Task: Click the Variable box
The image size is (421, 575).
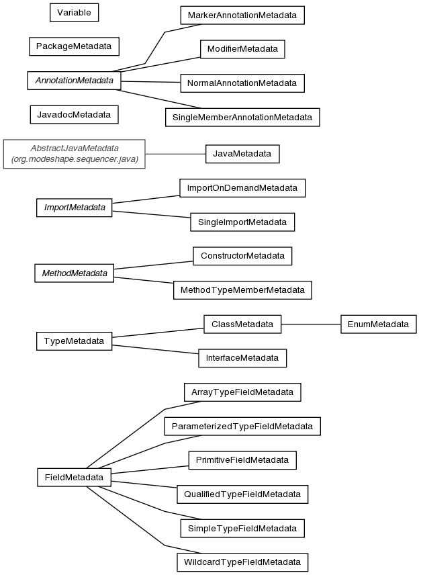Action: coord(74,13)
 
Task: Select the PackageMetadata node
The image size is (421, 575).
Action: coord(74,46)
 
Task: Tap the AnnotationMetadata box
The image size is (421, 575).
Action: coord(74,81)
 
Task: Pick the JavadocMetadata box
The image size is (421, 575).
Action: coord(74,114)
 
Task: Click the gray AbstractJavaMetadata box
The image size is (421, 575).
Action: coord(74,154)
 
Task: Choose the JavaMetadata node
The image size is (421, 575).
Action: coord(242,154)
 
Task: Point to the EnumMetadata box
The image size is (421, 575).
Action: coord(378,324)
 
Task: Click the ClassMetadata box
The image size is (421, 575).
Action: coord(242,324)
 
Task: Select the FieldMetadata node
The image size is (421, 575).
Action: coord(74,477)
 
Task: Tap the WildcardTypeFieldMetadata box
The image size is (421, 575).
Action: coord(242,562)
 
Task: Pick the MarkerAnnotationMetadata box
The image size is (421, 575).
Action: coord(242,15)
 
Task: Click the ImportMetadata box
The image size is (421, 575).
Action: coord(74,208)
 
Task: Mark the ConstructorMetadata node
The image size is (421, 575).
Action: coord(242,256)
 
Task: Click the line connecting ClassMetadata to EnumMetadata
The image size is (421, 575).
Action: coord(311,324)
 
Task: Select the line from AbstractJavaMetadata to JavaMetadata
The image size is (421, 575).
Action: coord(175,154)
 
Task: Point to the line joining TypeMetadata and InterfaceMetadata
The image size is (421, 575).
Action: coord(155,349)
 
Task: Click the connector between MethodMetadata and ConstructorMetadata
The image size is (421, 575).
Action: coord(153,265)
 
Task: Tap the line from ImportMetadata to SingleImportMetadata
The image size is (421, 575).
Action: coord(151,214)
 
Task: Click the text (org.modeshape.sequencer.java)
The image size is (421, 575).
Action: coord(75,159)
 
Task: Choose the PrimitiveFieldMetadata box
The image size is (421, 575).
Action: coord(242,460)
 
